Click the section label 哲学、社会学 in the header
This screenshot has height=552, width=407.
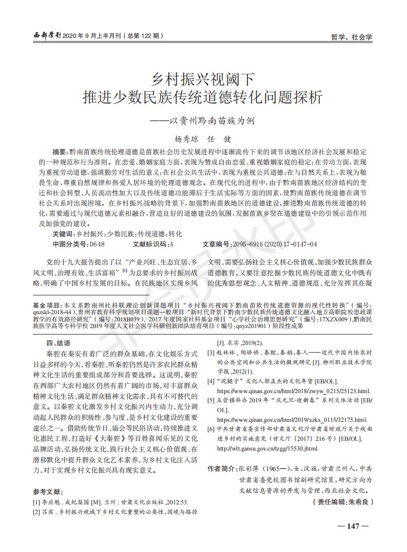click(352, 37)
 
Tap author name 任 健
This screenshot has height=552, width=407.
click(220, 139)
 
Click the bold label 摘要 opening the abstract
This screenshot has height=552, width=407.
click(61, 153)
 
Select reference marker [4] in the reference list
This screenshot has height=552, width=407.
click(210, 381)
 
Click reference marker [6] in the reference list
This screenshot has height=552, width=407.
click(210, 428)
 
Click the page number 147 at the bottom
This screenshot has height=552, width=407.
click(352, 526)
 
